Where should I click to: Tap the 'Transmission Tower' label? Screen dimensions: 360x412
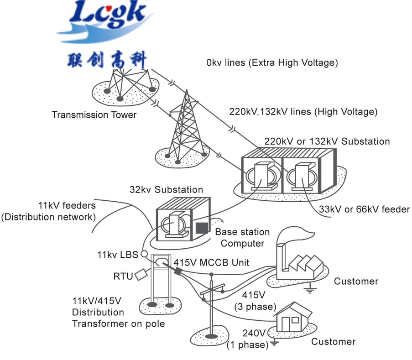[x=94, y=115]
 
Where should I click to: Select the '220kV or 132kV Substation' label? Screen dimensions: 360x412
[x=327, y=141]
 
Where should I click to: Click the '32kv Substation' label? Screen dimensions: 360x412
[x=166, y=189]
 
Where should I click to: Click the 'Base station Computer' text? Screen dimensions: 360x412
[x=242, y=238]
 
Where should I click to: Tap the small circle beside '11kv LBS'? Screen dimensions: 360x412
[x=144, y=254]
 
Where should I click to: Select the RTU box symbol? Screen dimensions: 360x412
[x=142, y=275]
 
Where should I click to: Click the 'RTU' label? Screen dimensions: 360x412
[x=123, y=276]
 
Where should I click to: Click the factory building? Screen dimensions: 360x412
[x=299, y=265]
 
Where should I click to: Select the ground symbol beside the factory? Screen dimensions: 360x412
[x=311, y=289]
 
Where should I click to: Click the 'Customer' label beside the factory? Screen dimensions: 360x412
[x=356, y=281]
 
